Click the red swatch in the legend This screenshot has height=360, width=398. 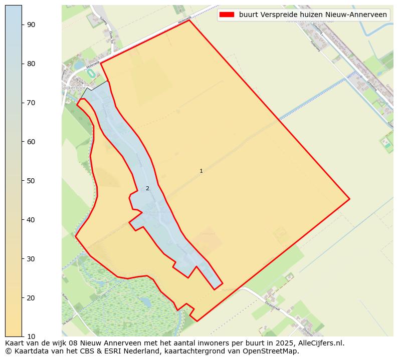(227, 15)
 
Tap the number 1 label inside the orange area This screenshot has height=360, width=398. (201, 171)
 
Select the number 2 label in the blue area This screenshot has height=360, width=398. (147, 189)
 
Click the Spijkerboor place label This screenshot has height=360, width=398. (74, 88)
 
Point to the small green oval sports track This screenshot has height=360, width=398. (91, 74)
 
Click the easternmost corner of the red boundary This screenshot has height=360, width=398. (349, 199)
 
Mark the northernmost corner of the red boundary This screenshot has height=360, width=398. (189, 20)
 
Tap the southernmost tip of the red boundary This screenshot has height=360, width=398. (197, 321)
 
